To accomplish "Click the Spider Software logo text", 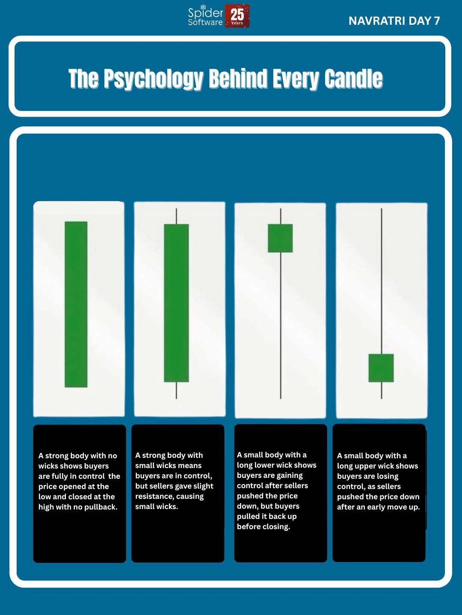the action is (x=205, y=17).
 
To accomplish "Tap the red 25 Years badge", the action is (x=237, y=16).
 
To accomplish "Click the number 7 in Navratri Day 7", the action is (x=436, y=21).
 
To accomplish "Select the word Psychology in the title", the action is (x=153, y=79).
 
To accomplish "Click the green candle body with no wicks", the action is (x=76, y=304).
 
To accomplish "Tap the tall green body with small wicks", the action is (x=176, y=303).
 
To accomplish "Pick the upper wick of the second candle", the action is (x=176, y=216).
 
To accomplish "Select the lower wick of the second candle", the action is (x=176, y=390).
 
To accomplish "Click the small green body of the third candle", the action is (x=280, y=238).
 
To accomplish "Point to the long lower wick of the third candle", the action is (x=281, y=325).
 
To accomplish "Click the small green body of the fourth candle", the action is (x=381, y=368).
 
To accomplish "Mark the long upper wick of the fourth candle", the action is (x=382, y=281).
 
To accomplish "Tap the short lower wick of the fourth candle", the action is (x=382, y=390).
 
